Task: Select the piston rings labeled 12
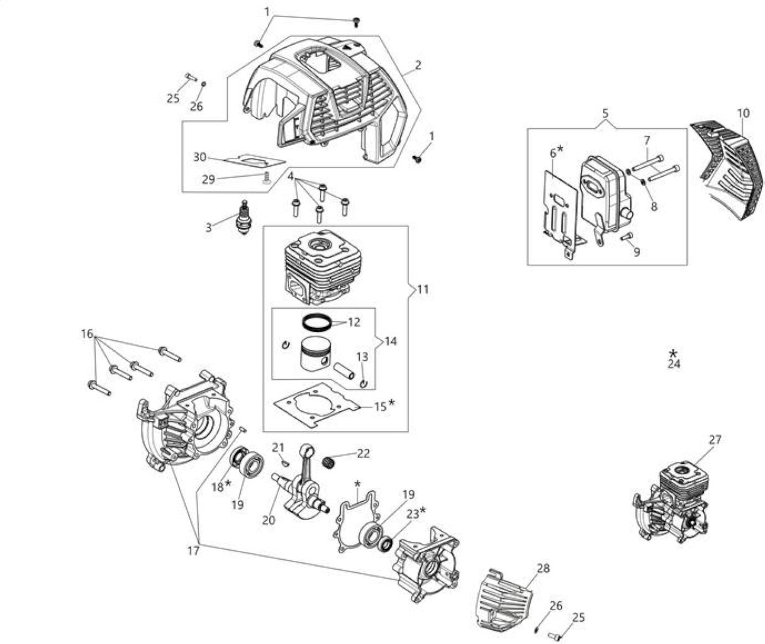tap(317, 323)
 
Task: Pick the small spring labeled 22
tap(330, 462)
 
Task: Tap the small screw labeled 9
tap(627, 236)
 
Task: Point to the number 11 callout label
tap(423, 289)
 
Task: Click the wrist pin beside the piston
tap(344, 370)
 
